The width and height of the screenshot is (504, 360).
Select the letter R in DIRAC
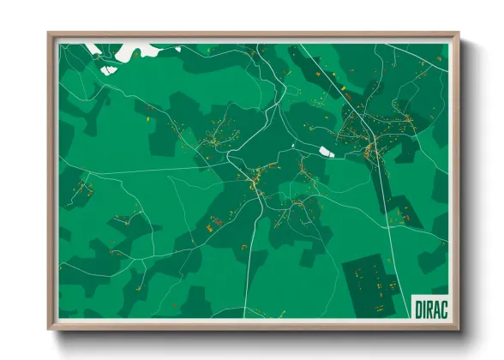(x=430, y=307)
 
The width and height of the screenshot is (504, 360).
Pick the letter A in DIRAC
(x=437, y=307)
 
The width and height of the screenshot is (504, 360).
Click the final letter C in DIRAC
(x=444, y=307)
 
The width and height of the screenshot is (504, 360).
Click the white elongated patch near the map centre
(x=326, y=152)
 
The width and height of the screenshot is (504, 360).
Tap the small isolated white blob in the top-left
(x=106, y=69)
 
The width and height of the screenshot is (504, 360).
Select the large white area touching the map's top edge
(x=137, y=51)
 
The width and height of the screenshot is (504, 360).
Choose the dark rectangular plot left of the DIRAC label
(x=372, y=283)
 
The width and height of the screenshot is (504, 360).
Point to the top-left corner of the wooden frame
(x=49, y=33)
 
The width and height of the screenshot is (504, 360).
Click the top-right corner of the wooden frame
(x=459, y=33)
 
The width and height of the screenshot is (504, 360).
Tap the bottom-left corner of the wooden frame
(x=49, y=328)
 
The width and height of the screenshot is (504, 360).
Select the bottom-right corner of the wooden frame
(x=459, y=328)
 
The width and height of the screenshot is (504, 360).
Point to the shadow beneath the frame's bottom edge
(x=257, y=335)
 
